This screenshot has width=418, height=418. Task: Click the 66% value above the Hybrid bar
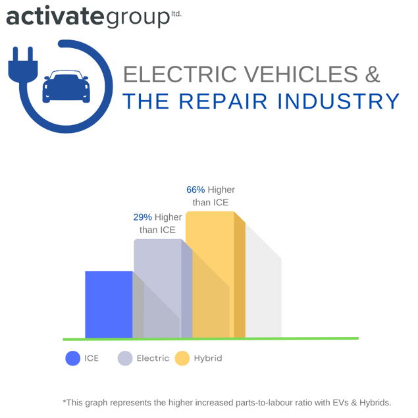pos(196,190)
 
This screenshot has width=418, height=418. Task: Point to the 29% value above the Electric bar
pos(142,217)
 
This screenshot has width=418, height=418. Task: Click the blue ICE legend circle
pos(73,359)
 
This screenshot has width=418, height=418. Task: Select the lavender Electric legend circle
pos(125,359)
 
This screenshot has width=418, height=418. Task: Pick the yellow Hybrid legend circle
pos(182,359)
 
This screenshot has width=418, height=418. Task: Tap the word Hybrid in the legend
pos(208,359)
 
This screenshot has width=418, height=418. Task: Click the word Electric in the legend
pos(153,359)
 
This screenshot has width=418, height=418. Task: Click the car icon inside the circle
pos(66,88)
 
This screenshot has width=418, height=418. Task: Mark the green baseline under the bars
pos(211,338)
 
